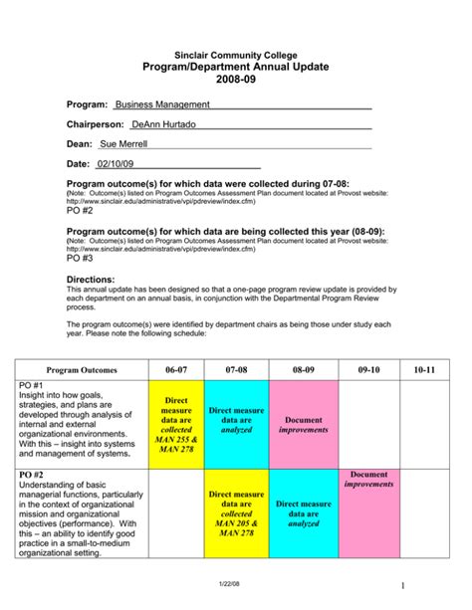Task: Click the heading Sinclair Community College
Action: click(235, 54)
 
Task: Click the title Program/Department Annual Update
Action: click(236, 67)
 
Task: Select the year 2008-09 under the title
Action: click(236, 81)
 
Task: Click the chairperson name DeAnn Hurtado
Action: click(164, 124)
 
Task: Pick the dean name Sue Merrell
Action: click(123, 144)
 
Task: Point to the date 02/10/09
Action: click(116, 164)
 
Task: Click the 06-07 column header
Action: click(175, 370)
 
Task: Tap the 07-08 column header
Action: click(236, 370)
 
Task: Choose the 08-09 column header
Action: click(303, 370)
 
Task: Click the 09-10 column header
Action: click(368, 370)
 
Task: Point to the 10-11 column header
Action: click(425, 370)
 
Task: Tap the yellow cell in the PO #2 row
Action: click(236, 511)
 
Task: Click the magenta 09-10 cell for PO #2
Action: click(368, 511)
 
